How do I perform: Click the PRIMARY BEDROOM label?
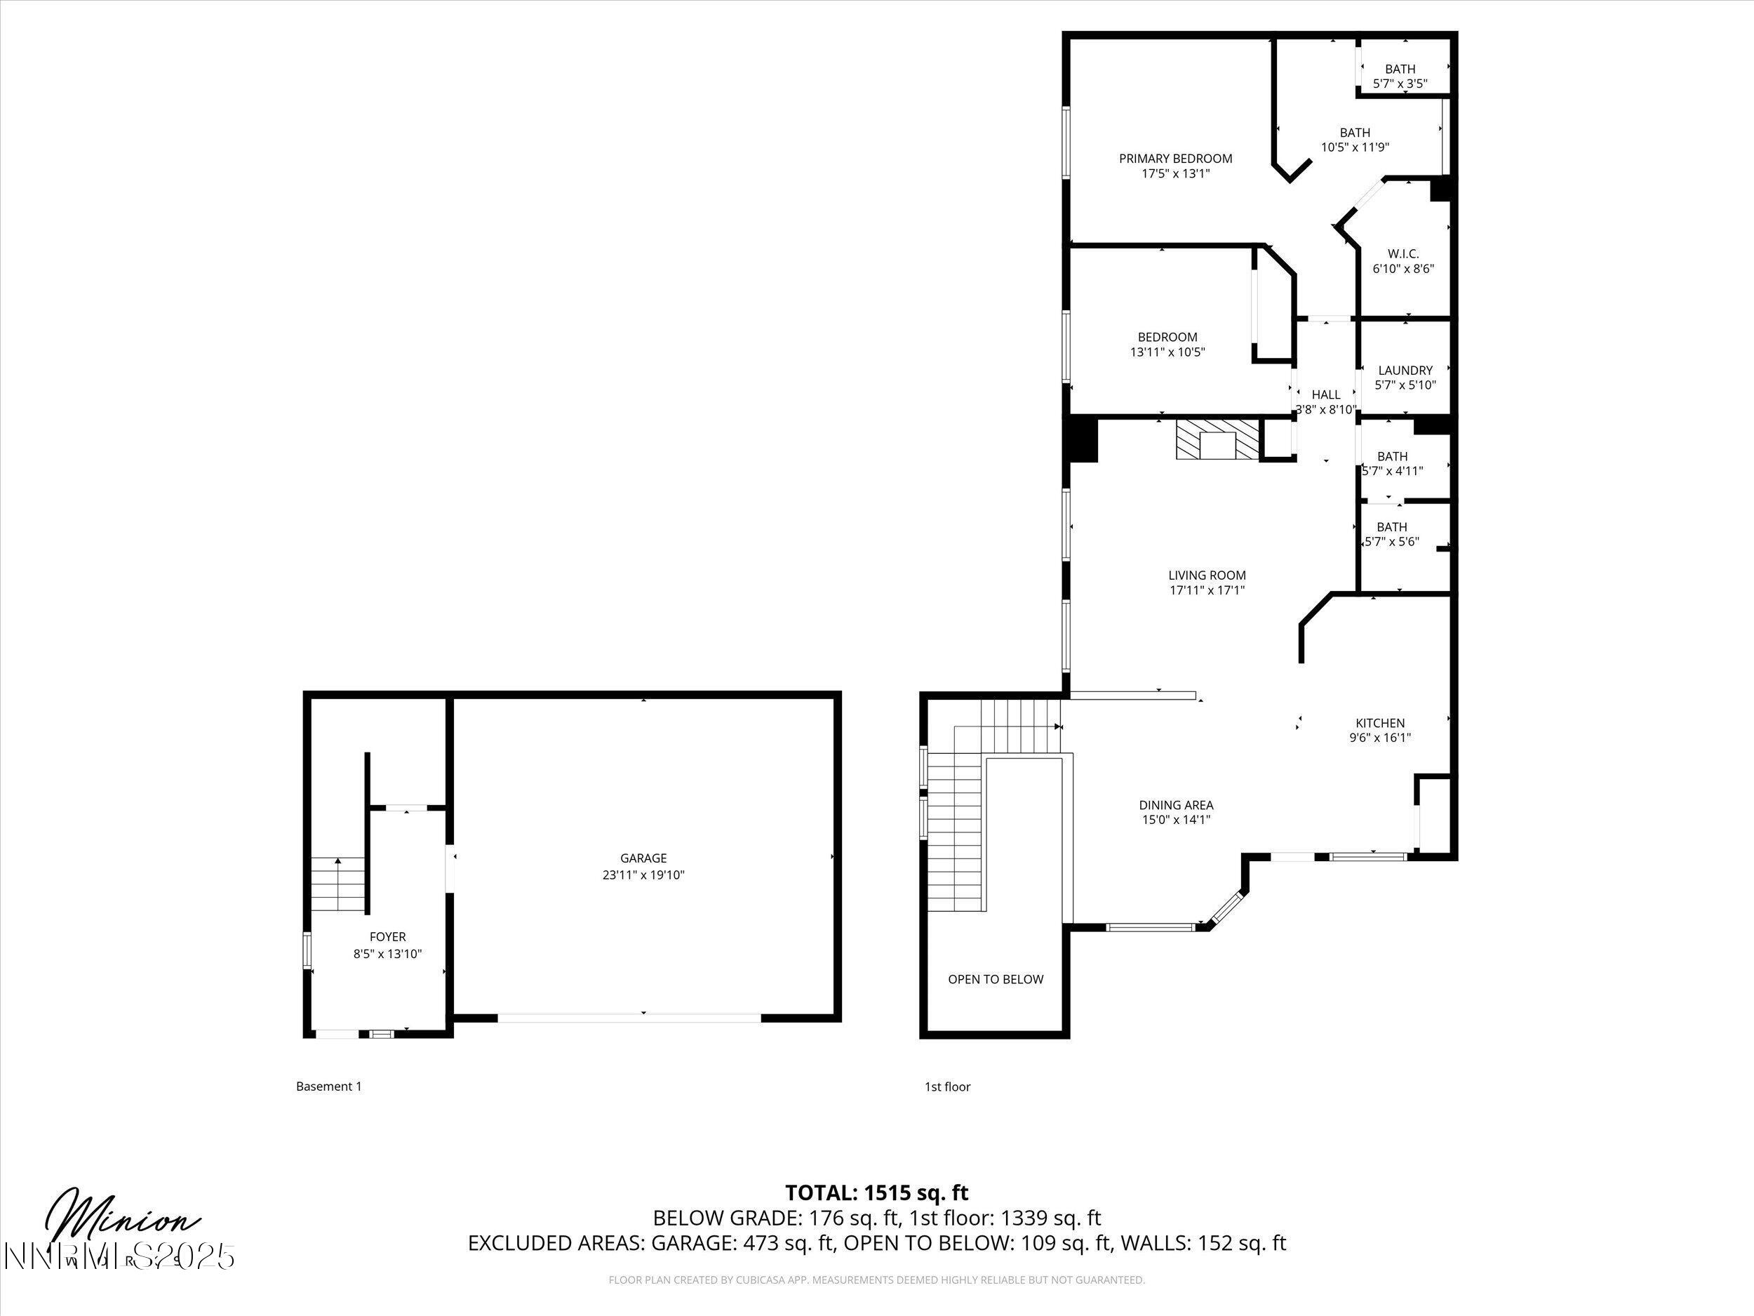[1175, 159]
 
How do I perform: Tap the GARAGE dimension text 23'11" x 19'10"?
[643, 875]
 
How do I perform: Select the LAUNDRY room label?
[1405, 371]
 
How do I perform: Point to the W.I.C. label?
[1402, 254]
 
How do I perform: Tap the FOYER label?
[387, 937]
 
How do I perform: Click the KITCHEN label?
[1380, 723]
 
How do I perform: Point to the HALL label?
[1326, 394]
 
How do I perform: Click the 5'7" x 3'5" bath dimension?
[1400, 83]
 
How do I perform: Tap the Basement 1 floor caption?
[328, 1086]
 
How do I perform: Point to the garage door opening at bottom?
[629, 1017]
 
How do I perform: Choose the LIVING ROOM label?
[1207, 575]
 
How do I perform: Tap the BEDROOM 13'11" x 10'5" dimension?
[1167, 352]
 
